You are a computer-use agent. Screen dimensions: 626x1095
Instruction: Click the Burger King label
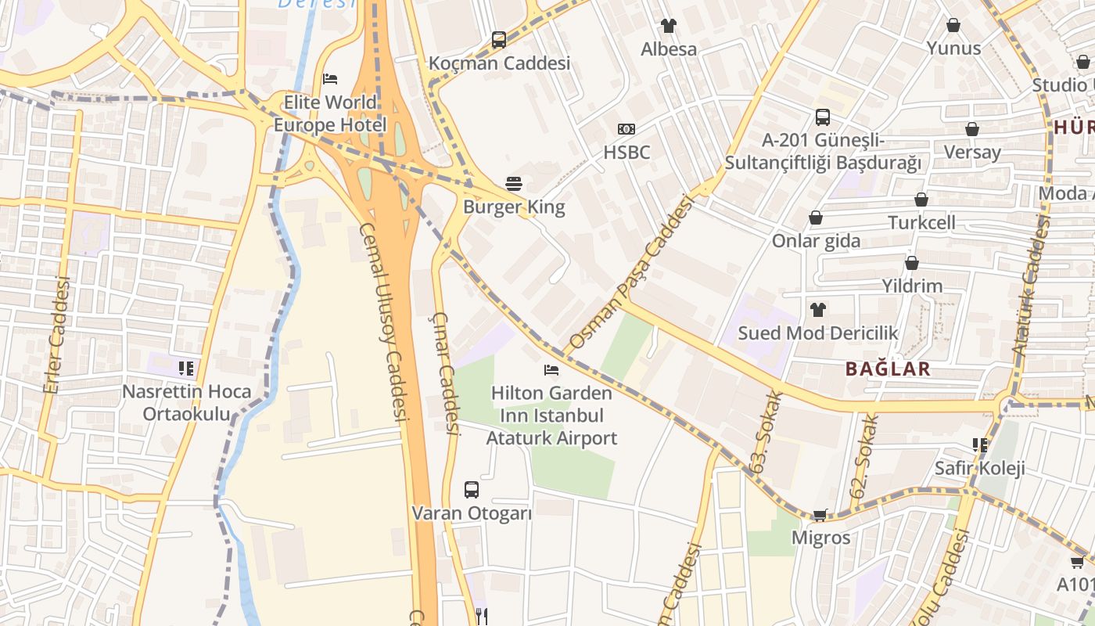point(514,207)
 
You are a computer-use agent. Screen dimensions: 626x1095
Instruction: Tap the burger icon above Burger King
point(514,185)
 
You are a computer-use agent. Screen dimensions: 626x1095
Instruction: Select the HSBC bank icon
point(626,129)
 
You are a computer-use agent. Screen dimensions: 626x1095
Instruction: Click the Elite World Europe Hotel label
point(329,113)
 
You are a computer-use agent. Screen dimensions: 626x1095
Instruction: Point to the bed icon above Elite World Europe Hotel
point(330,79)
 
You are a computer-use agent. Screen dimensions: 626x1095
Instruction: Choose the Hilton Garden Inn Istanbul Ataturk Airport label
point(551,415)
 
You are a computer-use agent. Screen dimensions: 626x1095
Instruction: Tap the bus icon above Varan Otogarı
point(471,490)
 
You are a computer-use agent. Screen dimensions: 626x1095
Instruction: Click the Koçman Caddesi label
point(499,63)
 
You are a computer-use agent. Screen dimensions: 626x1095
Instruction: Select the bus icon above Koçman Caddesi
point(498,40)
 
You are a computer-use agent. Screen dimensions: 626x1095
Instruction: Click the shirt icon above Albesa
point(668,26)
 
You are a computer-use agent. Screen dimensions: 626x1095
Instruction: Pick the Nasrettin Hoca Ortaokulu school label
point(186,402)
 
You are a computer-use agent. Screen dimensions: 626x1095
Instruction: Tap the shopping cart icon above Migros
point(820,515)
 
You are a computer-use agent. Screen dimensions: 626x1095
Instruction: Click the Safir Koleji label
point(979,468)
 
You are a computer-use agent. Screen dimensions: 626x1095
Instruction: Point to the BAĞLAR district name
point(888,369)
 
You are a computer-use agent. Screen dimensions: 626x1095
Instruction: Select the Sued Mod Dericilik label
point(818,333)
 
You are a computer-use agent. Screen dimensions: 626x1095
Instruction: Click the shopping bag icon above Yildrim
point(912,263)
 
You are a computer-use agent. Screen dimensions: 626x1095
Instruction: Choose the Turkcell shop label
point(921,222)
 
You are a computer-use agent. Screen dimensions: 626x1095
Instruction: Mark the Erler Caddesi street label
point(59,335)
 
